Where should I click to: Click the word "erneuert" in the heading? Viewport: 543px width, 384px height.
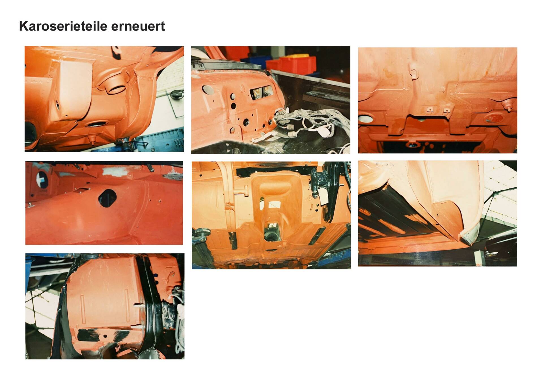138,27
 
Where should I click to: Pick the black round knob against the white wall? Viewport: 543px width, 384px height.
176,94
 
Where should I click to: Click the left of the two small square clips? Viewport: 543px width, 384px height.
429,110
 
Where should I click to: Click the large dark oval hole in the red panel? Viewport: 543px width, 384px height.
107,198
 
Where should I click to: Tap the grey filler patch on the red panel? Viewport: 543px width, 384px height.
115,171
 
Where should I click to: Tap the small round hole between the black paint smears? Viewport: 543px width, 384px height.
105,336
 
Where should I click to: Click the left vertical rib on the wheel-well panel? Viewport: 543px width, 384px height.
83,310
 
